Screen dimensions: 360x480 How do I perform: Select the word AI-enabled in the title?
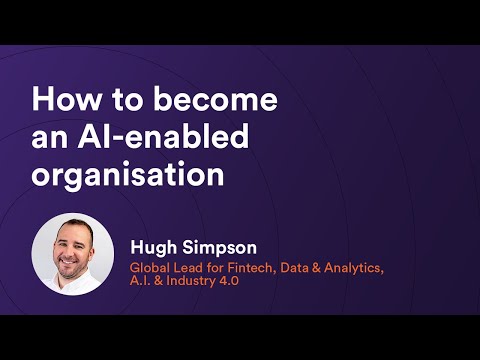[x=169, y=138]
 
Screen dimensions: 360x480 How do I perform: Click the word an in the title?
[x=50, y=138]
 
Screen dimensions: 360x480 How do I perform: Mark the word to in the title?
[x=121, y=101]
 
